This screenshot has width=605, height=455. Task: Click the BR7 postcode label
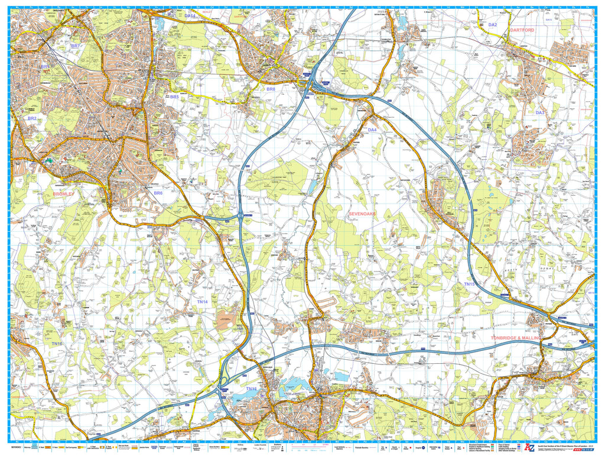[x=75, y=46]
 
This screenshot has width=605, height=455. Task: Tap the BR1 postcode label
[x=44, y=67]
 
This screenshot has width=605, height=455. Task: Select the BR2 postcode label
[x=32, y=118]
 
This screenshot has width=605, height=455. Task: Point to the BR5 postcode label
[x=174, y=96]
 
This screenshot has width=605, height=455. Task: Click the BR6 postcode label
[x=158, y=193]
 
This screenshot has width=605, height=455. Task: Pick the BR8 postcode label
[x=271, y=89]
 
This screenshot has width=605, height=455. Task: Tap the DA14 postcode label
[x=190, y=16]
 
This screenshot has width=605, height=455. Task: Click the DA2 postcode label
[x=493, y=25]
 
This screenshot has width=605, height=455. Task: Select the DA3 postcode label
[x=540, y=112]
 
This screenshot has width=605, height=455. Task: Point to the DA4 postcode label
[x=372, y=130]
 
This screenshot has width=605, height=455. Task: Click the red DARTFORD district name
[x=522, y=30]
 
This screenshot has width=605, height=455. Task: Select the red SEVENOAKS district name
[x=362, y=214]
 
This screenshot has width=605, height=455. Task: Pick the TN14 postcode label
[x=203, y=302]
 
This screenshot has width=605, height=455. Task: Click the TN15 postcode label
[x=469, y=284]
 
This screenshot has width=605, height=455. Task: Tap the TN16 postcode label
[x=57, y=344]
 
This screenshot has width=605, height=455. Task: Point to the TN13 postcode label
[x=251, y=389]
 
